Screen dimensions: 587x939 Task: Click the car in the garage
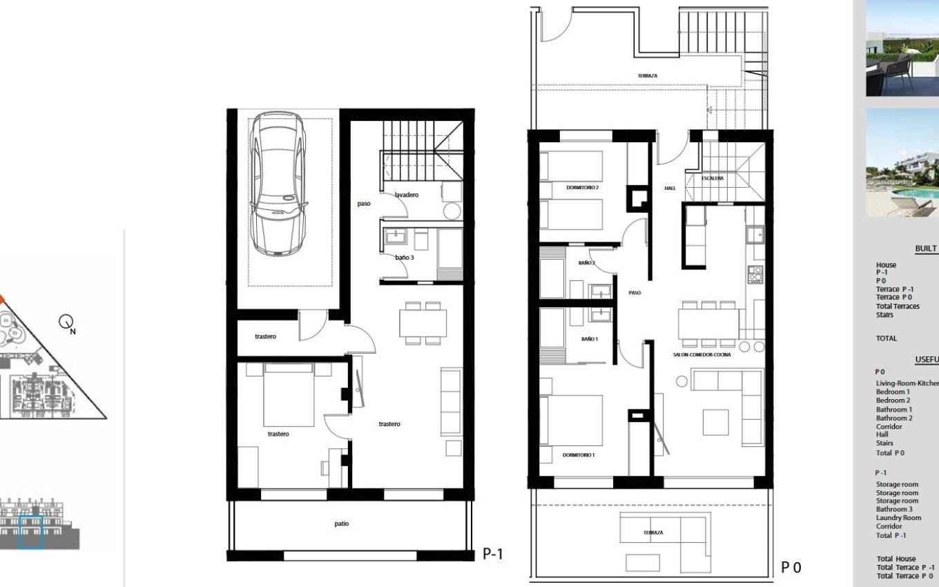click(x=278, y=184)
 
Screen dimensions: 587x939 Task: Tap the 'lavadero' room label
click(x=406, y=195)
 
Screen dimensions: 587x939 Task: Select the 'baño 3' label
click(x=405, y=258)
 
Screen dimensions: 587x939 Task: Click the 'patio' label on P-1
click(x=341, y=523)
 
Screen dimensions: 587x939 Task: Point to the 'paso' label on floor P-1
click(x=364, y=204)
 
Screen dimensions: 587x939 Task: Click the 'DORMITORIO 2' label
click(x=582, y=188)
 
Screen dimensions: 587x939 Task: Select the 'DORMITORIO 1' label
click(x=578, y=455)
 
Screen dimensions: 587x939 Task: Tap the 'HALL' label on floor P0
click(x=670, y=188)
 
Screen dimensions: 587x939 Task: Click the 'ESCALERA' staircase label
click(x=713, y=178)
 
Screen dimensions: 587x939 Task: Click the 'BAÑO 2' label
click(x=586, y=263)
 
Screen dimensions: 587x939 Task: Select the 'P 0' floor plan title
click(x=791, y=568)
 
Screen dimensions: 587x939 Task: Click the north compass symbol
click(x=67, y=322)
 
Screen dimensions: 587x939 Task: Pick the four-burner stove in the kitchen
click(x=756, y=274)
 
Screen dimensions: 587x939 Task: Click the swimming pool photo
click(x=902, y=163)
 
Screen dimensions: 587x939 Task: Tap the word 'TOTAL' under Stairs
click(x=887, y=338)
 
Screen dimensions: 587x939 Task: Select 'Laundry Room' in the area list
click(x=898, y=517)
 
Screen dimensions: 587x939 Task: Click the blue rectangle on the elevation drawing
click(x=31, y=532)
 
